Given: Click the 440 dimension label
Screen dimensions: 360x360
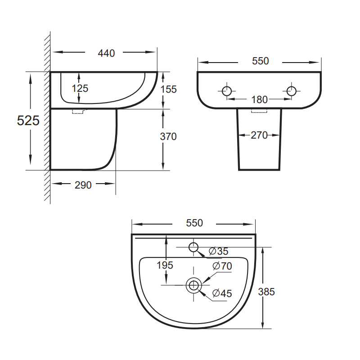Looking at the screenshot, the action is [x=106, y=53].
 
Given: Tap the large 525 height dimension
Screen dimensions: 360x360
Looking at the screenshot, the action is [x=28, y=120].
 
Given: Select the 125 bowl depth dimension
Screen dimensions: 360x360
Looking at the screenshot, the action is [x=80, y=88].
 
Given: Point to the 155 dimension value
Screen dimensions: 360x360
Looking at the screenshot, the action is [x=168, y=89].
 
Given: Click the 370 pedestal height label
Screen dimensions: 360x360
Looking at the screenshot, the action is [x=168, y=137].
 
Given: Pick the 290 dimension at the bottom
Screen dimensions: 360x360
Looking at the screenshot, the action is [x=83, y=185].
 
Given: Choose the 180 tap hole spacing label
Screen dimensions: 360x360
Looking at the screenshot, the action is [x=260, y=99].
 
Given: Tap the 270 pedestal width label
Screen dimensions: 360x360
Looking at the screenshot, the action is [x=259, y=135].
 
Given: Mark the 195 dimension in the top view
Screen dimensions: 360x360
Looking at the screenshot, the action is [x=165, y=265].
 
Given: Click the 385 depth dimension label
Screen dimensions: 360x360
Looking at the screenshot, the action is [x=266, y=292].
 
